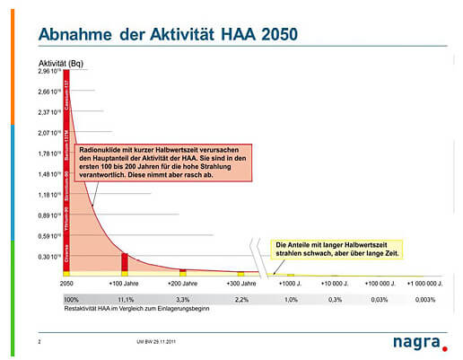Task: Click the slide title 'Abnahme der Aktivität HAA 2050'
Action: (x=169, y=35)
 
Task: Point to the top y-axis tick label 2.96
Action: (x=50, y=71)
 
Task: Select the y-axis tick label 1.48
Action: (x=50, y=173)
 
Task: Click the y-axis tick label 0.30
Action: (x=50, y=256)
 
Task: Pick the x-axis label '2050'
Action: (x=66, y=283)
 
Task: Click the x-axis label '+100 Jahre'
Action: (x=125, y=283)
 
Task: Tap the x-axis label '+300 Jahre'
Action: (x=240, y=283)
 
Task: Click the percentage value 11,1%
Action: (x=125, y=299)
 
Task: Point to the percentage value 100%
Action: (x=72, y=299)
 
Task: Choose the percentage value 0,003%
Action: (x=425, y=299)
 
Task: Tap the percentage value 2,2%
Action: (x=240, y=299)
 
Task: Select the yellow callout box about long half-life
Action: (x=336, y=249)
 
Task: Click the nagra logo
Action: (x=418, y=341)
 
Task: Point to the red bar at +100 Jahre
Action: (x=126, y=261)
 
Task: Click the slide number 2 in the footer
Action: (x=40, y=342)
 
